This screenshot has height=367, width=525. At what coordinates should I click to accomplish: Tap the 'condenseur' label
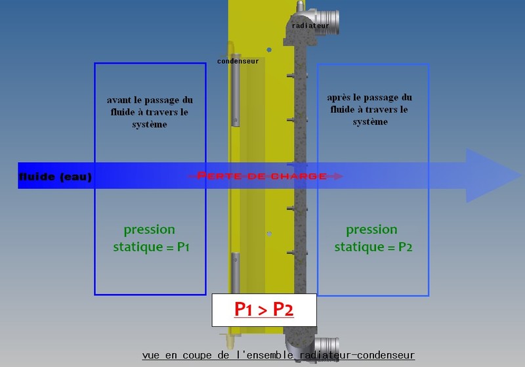tap(238, 61)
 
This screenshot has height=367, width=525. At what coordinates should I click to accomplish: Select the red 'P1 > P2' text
tap(264, 310)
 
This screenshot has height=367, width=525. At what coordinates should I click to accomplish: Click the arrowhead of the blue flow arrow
tap(492, 176)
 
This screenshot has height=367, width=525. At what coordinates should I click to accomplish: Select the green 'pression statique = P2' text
tap(372, 238)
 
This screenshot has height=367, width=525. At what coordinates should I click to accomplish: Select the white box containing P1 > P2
tap(264, 311)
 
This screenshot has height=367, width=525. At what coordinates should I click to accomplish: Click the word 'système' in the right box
tap(370, 122)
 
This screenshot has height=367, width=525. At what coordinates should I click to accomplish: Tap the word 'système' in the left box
tap(150, 125)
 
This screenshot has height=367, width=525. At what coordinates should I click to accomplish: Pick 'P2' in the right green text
tap(404, 247)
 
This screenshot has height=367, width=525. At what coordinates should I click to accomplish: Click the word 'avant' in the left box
tap(118, 100)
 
